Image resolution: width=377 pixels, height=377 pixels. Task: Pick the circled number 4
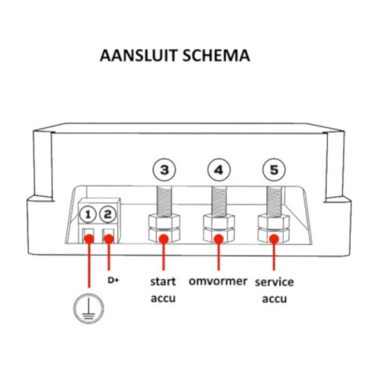(218, 170)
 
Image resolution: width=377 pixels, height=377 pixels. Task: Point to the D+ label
(113, 281)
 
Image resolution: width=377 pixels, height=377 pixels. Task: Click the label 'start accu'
(163, 290)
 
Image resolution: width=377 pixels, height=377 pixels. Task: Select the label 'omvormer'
(218, 281)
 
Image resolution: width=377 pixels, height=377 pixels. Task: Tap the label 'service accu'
(274, 290)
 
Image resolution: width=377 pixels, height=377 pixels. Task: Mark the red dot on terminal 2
(109, 238)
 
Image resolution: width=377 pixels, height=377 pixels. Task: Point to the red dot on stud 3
(164, 239)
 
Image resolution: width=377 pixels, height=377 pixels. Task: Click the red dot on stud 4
(218, 239)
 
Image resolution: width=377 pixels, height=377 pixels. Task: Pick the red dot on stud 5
(274, 239)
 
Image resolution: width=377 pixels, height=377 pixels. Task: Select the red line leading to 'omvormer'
(218, 257)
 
